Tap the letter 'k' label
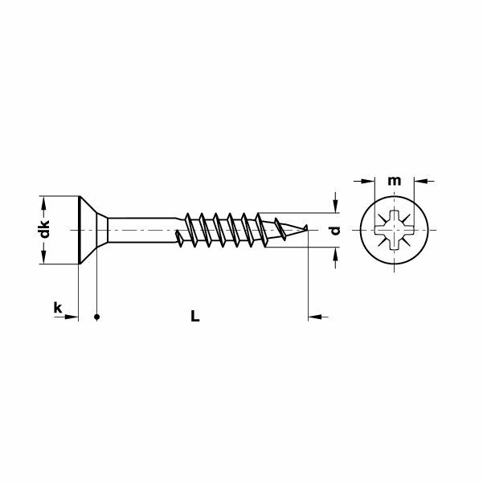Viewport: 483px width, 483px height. click(57, 307)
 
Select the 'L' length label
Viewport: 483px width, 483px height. click(194, 317)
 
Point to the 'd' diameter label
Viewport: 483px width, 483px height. click(336, 230)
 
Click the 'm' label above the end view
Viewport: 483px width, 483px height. click(394, 180)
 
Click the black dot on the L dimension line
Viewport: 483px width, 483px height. click(96, 317)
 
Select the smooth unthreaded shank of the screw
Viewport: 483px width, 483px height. click(141, 229)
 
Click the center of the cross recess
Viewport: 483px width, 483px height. click(394, 230)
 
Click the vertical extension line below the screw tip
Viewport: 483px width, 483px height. click(309, 281)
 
